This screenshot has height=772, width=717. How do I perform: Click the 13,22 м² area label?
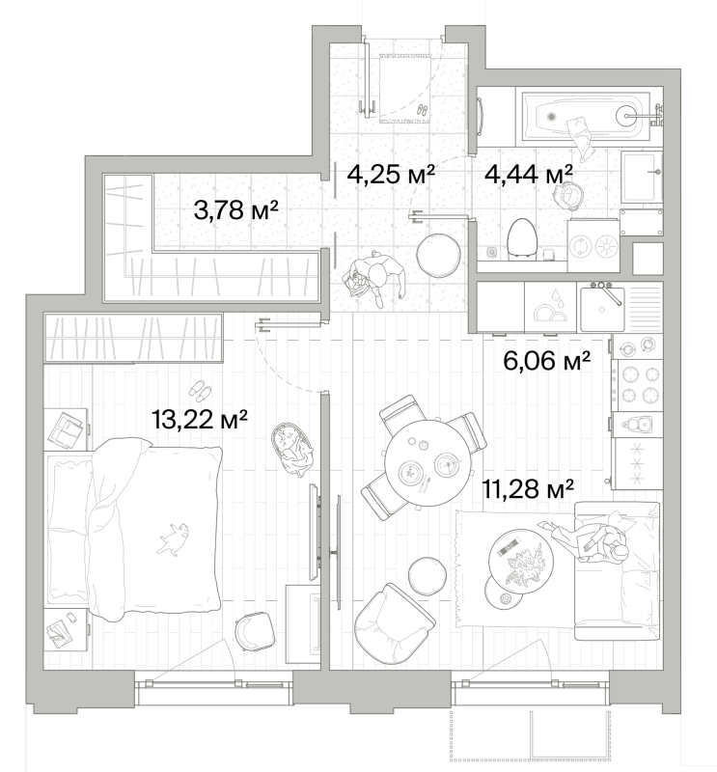coord(200,420)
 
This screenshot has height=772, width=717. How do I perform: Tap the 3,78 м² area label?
coord(236,210)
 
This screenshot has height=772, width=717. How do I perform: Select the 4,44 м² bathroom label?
coord(529,174)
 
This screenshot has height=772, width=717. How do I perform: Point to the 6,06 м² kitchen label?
coord(546,361)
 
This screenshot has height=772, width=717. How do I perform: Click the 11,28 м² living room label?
coord(528,489)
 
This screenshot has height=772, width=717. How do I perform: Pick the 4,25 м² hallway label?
coord(391,174)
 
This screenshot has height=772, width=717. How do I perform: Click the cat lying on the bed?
coord(174,539)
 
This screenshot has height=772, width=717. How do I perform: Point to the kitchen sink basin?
coord(602,309)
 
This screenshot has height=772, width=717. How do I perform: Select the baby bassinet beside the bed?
coord(292,449)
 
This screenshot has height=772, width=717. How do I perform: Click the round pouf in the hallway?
coord(438,255)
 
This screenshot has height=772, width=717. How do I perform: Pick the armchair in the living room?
coord(394,623)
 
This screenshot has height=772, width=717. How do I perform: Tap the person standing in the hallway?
coord(374,278)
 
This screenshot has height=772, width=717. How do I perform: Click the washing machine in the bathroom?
coord(593,245)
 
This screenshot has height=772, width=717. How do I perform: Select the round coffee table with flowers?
coord(520,560)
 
